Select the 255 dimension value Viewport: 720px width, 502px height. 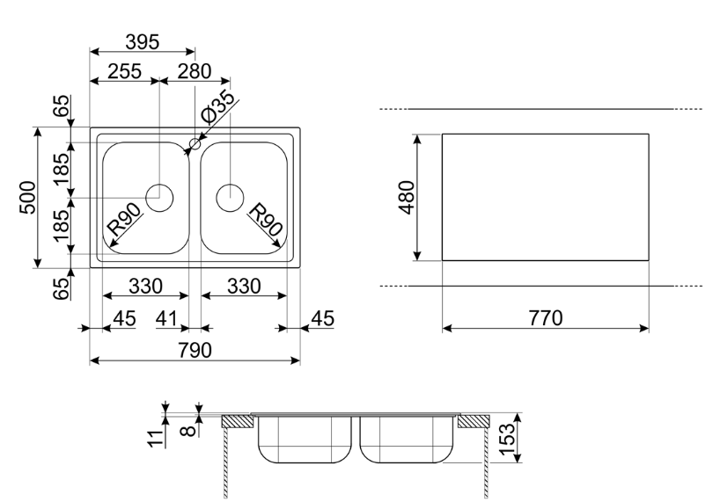tap(124, 71)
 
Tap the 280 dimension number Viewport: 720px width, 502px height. tap(194, 71)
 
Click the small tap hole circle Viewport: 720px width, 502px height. tap(195, 142)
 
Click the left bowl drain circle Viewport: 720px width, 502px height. tap(159, 196)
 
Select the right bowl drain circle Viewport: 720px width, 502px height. tap(230, 196)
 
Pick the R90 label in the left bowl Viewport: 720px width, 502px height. tap(123, 219)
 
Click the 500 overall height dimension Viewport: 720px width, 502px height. tap(28, 197)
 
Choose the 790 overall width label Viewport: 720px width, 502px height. tap(195, 350)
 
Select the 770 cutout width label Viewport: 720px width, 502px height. tap(545, 317)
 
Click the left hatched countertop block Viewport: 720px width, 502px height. tap(238, 421)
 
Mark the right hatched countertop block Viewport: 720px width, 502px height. tap(474, 421)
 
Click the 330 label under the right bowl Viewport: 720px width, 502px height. tap(244, 286)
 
